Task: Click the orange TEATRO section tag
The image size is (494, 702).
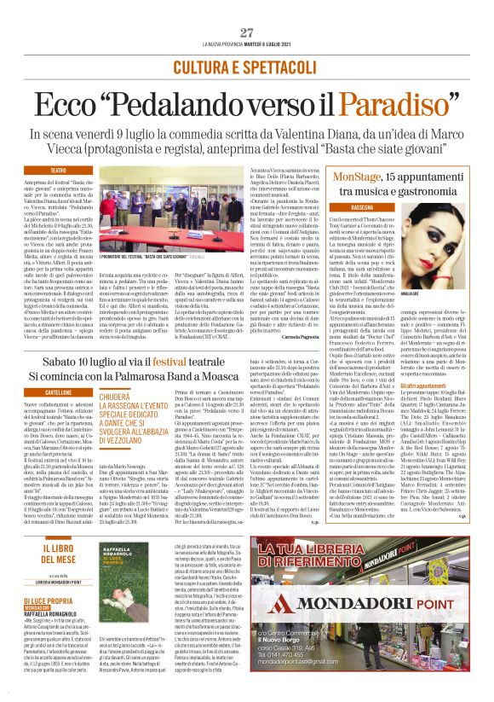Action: point(59,171)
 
